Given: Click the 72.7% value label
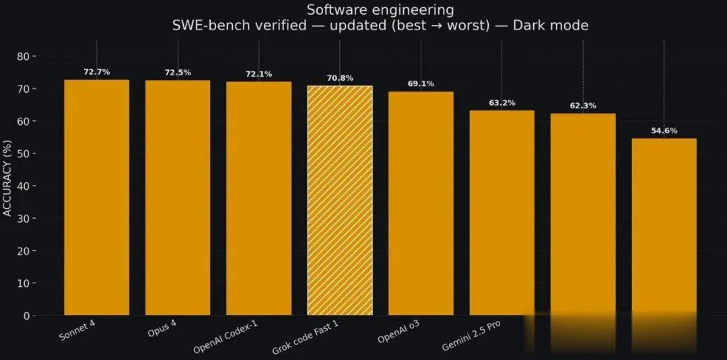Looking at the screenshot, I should pyautogui.click(x=96, y=71).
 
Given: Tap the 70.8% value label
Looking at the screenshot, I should pyautogui.click(x=339, y=78).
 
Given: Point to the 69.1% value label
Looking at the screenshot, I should pyautogui.click(x=421, y=84).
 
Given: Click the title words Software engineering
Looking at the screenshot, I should pyautogui.click(x=380, y=10).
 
